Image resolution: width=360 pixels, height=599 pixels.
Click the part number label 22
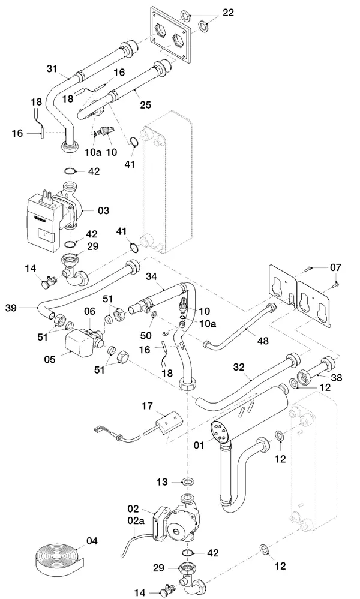pyautogui.click(x=228, y=13)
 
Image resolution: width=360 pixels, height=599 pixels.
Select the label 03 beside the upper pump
pyautogui.click(x=104, y=210)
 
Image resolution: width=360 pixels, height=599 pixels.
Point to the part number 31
pyautogui.click(x=52, y=69)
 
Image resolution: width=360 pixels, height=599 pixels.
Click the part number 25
pyautogui.click(x=145, y=105)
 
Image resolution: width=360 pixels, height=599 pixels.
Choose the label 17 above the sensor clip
pyautogui.click(x=148, y=406)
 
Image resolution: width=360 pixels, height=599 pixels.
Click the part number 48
pyautogui.click(x=263, y=340)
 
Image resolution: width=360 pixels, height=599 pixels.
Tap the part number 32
pyautogui.click(x=238, y=367)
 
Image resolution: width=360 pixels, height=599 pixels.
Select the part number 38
pyautogui.click(x=337, y=377)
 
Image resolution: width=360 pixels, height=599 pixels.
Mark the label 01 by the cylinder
pyautogui.click(x=199, y=445)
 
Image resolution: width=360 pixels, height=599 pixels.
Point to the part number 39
pyautogui.click(x=11, y=308)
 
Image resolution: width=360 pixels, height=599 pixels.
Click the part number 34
pyautogui.click(x=151, y=276)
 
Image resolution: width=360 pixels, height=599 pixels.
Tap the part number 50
pyautogui.click(x=146, y=335)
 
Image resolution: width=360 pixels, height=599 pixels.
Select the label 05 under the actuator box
pyautogui.click(x=50, y=360)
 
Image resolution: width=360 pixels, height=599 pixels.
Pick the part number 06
pyautogui.click(x=89, y=311)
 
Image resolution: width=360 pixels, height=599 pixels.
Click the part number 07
pyautogui.click(x=336, y=267)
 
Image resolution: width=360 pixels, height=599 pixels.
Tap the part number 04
pyautogui.click(x=92, y=541)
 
